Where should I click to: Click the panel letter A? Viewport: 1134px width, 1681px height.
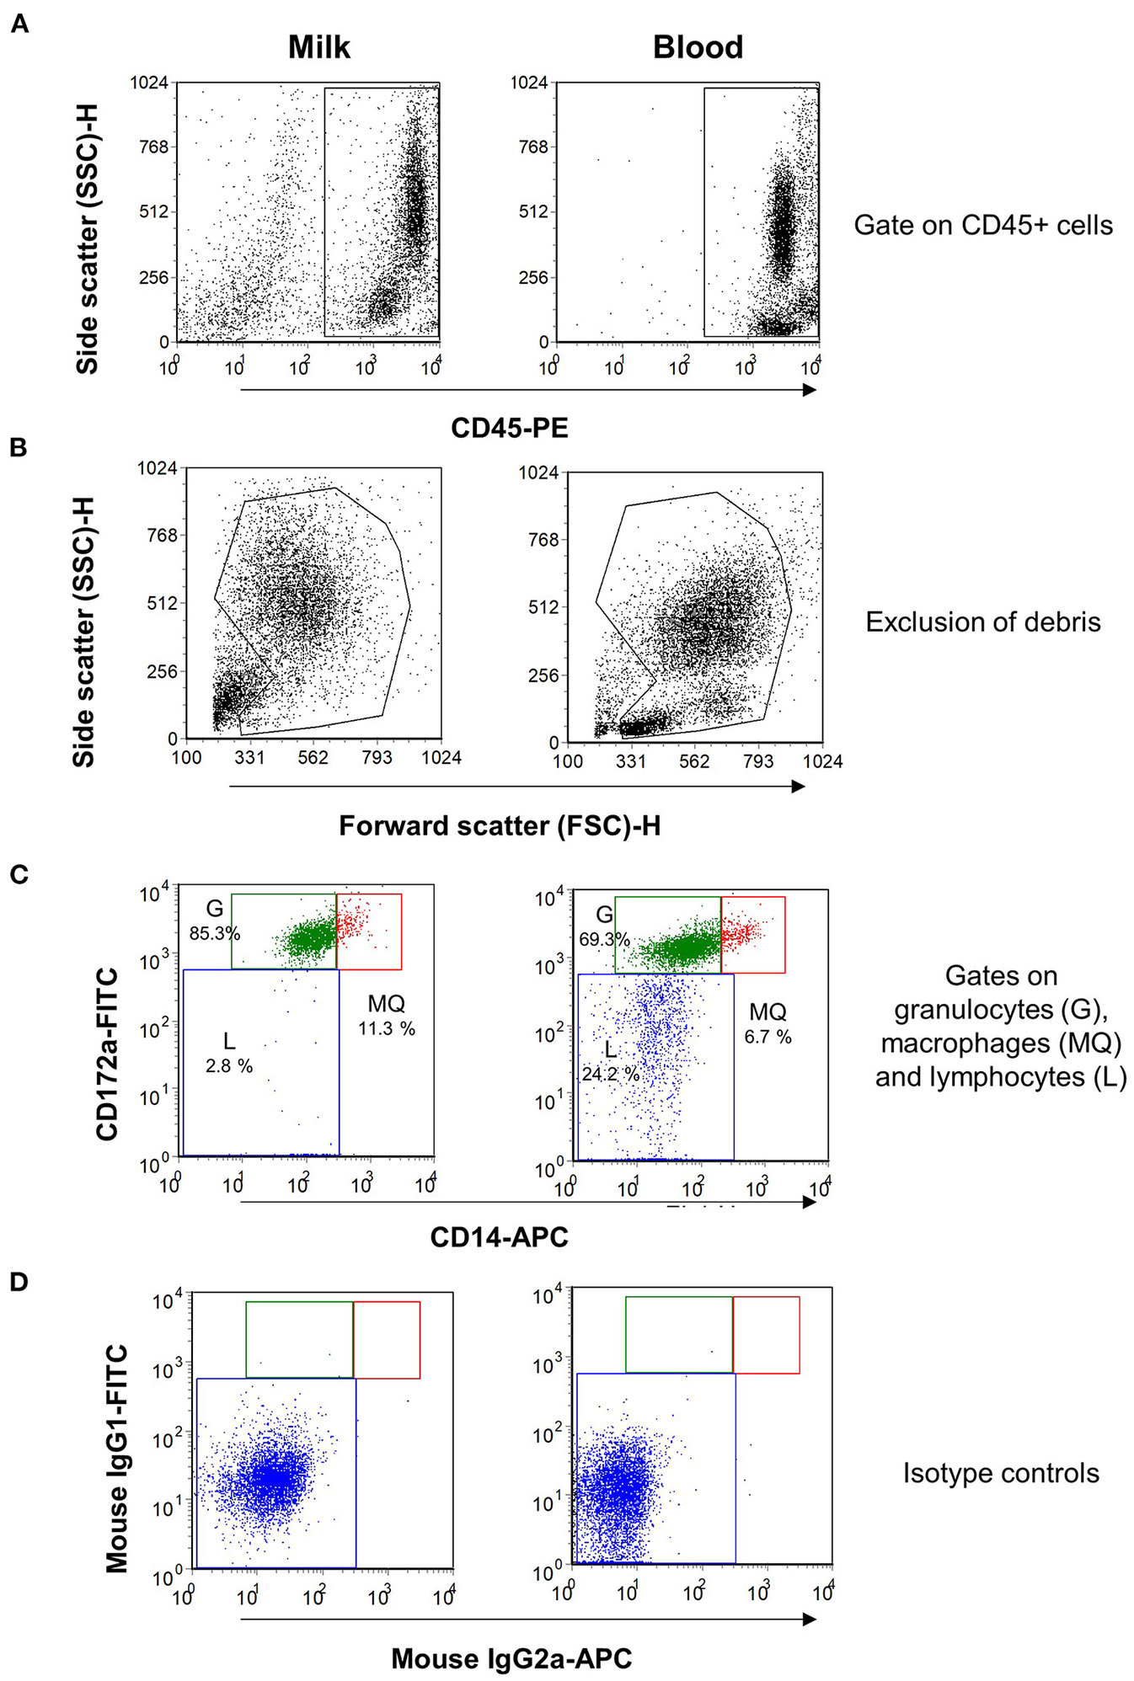(x=19, y=24)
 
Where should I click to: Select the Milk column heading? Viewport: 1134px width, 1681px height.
(x=318, y=47)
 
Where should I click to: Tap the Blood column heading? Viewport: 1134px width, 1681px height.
(x=698, y=47)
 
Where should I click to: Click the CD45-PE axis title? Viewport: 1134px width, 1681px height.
(x=509, y=428)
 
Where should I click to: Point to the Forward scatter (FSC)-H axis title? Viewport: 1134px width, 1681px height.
(x=499, y=825)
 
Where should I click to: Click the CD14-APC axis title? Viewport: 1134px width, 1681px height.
(x=499, y=1237)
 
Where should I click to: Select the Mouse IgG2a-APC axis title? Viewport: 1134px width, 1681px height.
(x=511, y=1658)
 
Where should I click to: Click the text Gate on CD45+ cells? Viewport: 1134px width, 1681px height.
(x=982, y=225)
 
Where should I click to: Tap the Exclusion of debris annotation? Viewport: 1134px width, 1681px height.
(x=982, y=622)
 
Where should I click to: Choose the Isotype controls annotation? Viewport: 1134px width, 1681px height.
(x=1000, y=1473)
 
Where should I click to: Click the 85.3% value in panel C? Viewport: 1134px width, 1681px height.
(x=215, y=933)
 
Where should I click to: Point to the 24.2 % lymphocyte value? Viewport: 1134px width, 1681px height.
(x=610, y=1075)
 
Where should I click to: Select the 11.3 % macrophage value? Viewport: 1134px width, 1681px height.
(x=387, y=1028)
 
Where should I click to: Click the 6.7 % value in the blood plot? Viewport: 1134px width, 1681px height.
(x=768, y=1037)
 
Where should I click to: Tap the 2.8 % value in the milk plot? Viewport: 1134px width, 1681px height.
(x=229, y=1066)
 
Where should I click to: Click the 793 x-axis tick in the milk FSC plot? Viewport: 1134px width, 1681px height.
(x=377, y=757)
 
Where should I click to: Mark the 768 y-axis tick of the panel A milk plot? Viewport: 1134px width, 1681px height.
(x=153, y=147)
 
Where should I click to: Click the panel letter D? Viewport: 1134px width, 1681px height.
(x=19, y=1281)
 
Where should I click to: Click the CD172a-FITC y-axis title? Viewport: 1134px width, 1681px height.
(x=107, y=1054)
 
